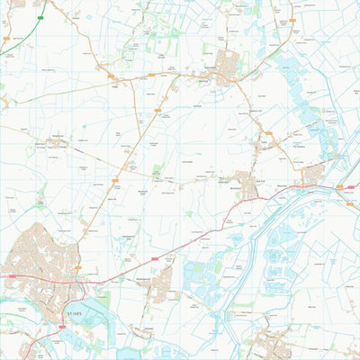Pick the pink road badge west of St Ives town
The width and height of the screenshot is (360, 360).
coord(4,277)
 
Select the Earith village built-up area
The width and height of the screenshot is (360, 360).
coord(312,173)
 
